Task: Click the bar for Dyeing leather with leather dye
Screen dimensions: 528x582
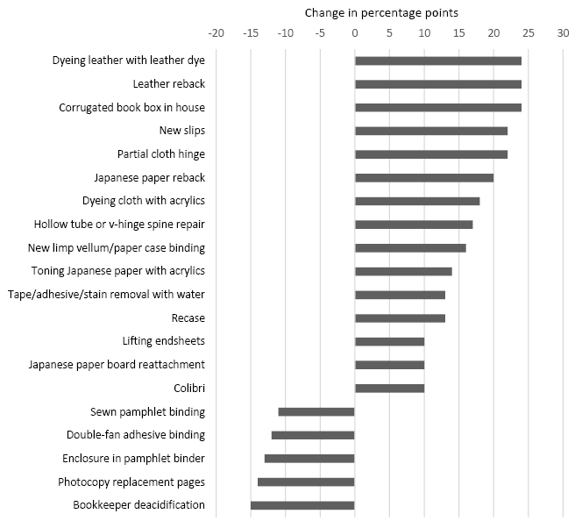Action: [437, 61]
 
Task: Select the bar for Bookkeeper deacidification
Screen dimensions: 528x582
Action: [302, 505]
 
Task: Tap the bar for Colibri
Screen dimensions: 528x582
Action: [389, 389]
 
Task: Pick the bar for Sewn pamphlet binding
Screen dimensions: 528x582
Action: [316, 411]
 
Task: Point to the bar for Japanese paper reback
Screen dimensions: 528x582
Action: [424, 177]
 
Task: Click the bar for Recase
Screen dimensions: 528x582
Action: [400, 318]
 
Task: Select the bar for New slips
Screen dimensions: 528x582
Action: [431, 131]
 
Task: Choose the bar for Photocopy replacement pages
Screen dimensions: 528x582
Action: [306, 482]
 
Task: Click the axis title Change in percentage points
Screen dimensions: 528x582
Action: [381, 13]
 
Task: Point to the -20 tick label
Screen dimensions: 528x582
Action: [216, 32]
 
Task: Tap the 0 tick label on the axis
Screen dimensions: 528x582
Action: [355, 32]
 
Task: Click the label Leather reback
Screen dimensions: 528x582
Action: [168, 84]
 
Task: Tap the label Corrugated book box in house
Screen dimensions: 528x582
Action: [131, 108]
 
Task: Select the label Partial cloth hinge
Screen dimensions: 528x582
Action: [161, 154]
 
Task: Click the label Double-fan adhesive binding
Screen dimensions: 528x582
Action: [136, 435]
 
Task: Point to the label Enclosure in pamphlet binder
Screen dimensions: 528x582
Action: [133, 458]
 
